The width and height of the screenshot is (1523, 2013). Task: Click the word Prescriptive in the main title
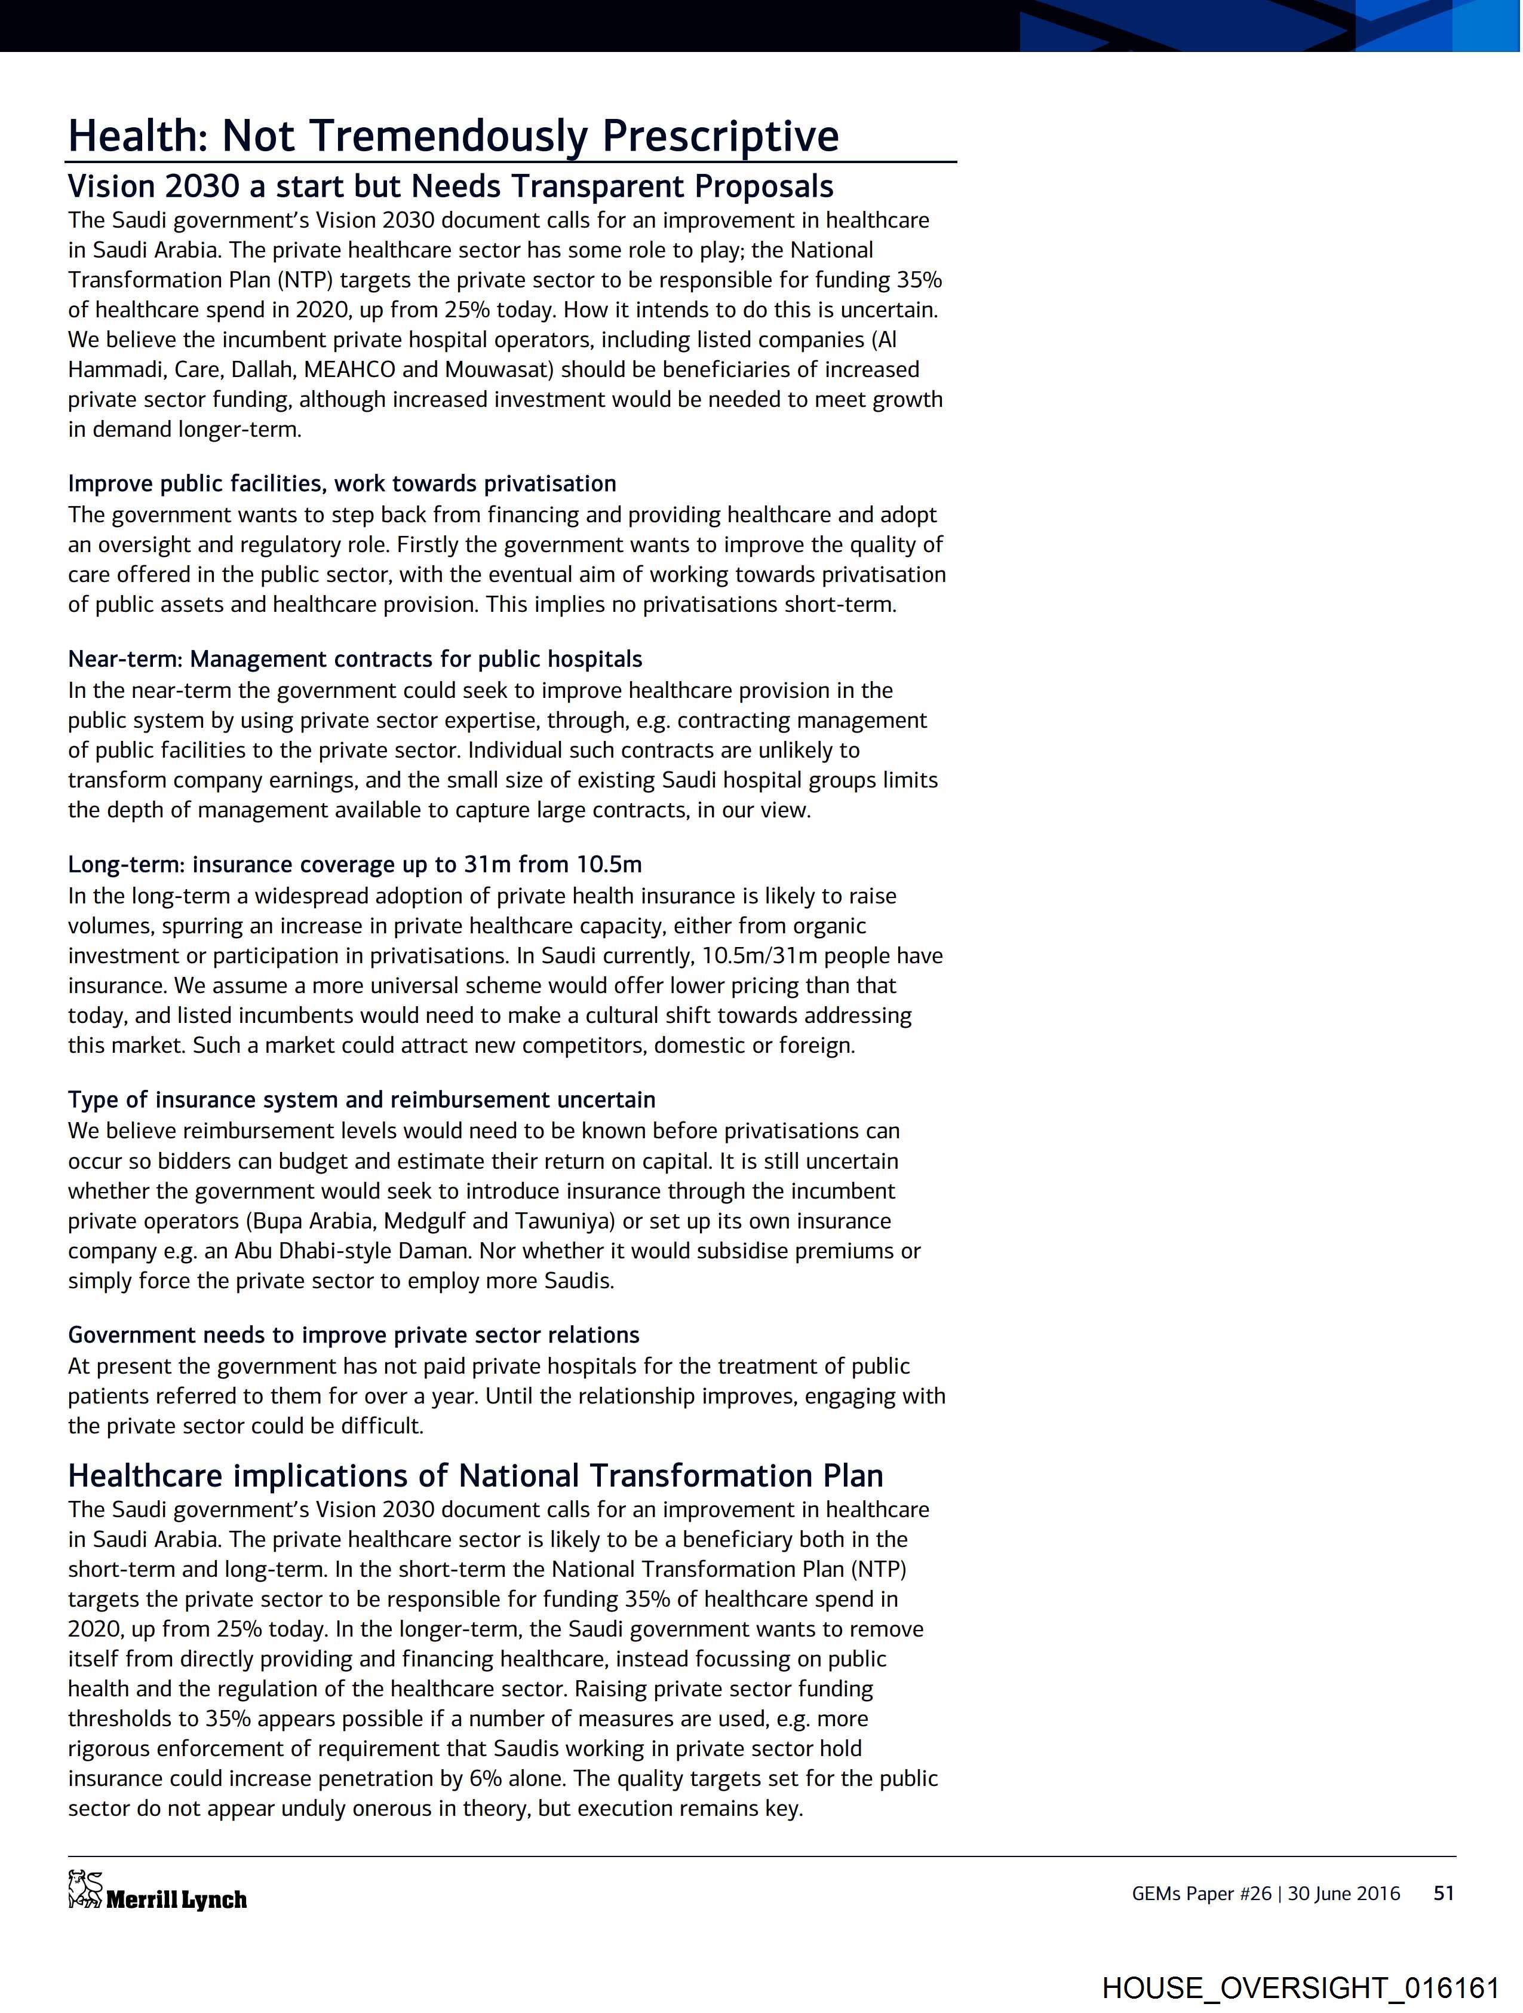pyautogui.click(x=720, y=136)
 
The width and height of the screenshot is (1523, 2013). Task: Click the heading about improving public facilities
pyautogui.click(x=342, y=483)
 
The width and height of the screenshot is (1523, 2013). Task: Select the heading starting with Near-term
pyautogui.click(x=355, y=659)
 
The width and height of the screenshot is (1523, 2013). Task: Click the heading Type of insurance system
pyautogui.click(x=361, y=1099)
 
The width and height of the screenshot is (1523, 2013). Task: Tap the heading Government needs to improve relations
pyautogui.click(x=353, y=1334)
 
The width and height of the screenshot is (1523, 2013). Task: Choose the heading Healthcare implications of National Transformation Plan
pyautogui.click(x=475, y=1475)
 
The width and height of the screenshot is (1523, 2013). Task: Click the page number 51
pyautogui.click(x=1444, y=1893)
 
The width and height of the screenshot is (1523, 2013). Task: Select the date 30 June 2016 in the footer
pyautogui.click(x=1344, y=1893)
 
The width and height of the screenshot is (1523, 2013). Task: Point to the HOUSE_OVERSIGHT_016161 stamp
pyautogui.click(x=1300, y=1987)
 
